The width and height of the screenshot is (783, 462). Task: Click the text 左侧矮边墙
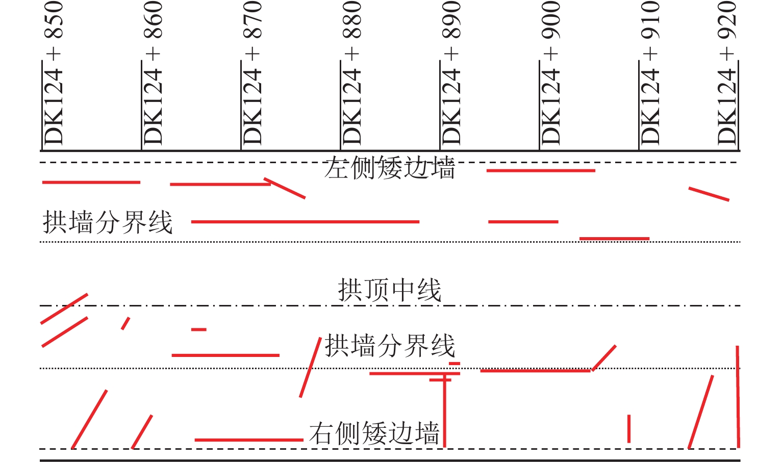click(389, 168)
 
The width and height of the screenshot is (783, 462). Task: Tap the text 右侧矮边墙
click(374, 433)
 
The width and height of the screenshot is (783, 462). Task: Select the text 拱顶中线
click(389, 291)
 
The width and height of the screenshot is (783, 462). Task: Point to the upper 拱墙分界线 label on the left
click(108, 222)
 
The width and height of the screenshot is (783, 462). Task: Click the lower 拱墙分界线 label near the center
click(390, 346)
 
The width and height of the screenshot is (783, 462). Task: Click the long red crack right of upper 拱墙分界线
click(305, 222)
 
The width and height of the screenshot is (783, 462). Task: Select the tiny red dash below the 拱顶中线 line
click(198, 329)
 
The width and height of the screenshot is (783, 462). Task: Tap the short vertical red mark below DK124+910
click(629, 428)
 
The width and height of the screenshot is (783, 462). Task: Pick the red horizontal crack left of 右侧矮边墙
click(249, 440)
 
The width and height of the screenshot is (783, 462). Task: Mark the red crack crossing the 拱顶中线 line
click(64, 309)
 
